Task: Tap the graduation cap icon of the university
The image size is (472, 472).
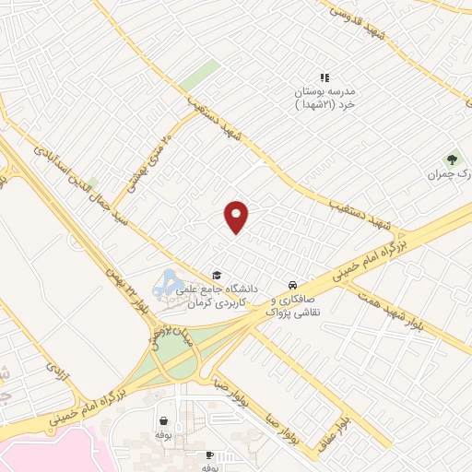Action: click(217, 275)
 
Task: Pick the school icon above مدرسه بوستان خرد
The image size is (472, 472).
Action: click(324, 78)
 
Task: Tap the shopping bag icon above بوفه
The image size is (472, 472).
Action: click(163, 419)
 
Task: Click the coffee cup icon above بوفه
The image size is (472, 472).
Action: click(209, 455)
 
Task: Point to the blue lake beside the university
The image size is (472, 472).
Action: click(171, 281)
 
